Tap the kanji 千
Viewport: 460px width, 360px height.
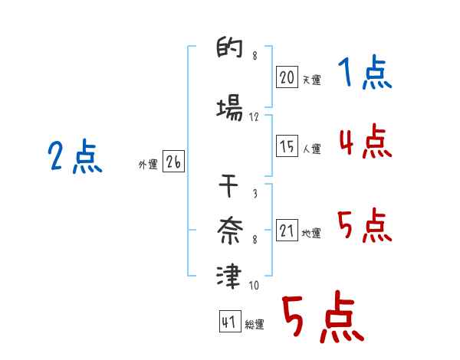230,186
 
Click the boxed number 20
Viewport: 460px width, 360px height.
287,77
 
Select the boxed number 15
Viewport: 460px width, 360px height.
287,146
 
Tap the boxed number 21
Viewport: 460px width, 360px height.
287,231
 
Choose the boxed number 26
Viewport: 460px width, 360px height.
173,162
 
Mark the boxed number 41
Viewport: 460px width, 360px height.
229,322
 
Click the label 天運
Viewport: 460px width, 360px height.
311,80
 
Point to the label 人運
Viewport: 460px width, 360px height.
311,149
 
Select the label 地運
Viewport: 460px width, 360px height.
311,233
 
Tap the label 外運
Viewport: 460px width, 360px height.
147,164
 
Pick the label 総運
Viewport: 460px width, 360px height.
255,325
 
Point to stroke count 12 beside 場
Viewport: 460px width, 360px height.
255,116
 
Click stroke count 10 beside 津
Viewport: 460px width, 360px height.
254,286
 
